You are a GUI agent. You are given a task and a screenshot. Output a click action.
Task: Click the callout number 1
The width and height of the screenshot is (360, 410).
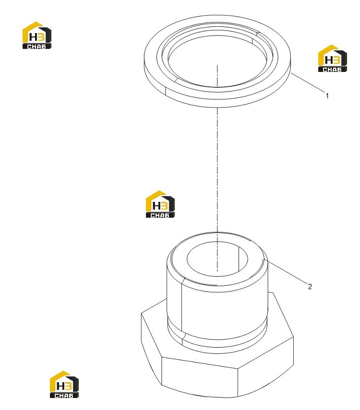(327, 96)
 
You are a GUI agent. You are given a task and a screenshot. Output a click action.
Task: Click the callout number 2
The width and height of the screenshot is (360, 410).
(310, 287)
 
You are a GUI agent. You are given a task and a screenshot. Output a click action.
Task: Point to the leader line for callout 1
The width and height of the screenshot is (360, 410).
(307, 82)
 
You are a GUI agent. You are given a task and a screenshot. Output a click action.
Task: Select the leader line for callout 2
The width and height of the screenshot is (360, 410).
(287, 271)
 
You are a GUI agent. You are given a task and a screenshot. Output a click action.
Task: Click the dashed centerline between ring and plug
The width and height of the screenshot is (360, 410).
(217, 170)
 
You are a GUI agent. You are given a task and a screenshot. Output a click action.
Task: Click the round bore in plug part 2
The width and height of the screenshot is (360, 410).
(217, 259)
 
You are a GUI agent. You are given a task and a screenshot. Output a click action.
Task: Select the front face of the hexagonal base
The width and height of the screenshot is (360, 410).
(200, 375)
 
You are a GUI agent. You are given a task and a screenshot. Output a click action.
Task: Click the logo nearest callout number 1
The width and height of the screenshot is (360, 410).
(332, 59)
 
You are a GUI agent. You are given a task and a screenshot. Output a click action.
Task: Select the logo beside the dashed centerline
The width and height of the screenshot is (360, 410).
(160, 204)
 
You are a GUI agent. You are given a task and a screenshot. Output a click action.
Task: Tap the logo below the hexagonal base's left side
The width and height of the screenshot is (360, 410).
(64, 385)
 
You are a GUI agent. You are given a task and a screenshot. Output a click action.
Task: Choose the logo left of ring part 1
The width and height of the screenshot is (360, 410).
(36, 35)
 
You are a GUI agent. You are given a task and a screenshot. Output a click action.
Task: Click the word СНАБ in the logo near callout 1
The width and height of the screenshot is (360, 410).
(332, 70)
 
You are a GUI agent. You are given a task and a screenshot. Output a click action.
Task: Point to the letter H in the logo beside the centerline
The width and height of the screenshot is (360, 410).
(156, 206)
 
